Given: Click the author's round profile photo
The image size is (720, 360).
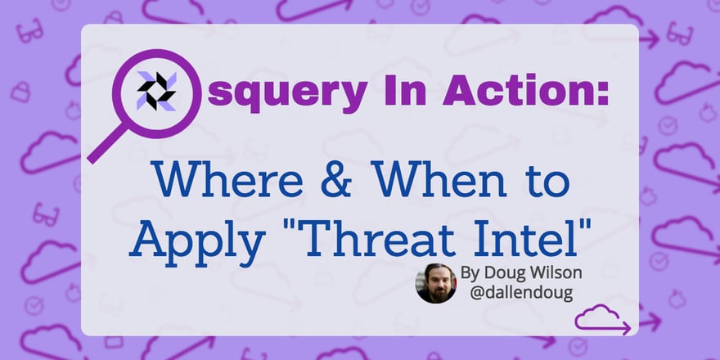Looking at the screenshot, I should pyautogui.click(x=436, y=283).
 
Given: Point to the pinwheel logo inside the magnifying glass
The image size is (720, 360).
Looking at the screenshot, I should pyautogui.click(x=155, y=90).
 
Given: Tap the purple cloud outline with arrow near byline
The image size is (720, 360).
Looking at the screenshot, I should pyautogui.click(x=602, y=320).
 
